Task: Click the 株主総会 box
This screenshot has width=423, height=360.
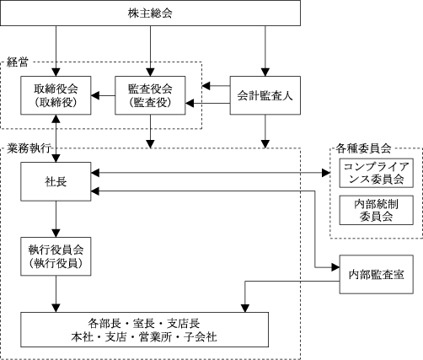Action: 150,13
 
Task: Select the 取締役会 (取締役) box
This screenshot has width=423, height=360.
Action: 56,95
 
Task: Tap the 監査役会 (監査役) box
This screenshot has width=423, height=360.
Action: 150,95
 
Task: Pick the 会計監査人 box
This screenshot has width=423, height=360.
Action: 265,95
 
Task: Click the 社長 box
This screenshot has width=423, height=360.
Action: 56,181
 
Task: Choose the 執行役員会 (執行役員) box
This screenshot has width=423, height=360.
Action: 56,256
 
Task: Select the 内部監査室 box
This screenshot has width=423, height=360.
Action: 377,275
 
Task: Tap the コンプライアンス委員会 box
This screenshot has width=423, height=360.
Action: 377,173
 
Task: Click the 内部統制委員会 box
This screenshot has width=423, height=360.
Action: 377,210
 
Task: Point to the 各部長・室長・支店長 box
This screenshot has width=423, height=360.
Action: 144,330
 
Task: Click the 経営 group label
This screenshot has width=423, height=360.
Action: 18,62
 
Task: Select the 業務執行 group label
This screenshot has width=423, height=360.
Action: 29,148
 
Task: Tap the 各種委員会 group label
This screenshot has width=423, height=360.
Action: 363,148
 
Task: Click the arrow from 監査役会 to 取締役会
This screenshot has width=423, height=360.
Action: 103,95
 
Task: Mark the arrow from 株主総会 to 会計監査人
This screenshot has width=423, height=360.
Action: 265,51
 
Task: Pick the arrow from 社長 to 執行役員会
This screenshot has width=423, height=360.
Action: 56,219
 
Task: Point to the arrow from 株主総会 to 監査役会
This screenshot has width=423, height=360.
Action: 150,51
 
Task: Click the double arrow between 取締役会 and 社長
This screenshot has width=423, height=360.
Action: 56,138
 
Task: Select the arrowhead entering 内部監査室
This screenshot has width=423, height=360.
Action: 335,267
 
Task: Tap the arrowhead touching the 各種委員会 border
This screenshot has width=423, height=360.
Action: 326,173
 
